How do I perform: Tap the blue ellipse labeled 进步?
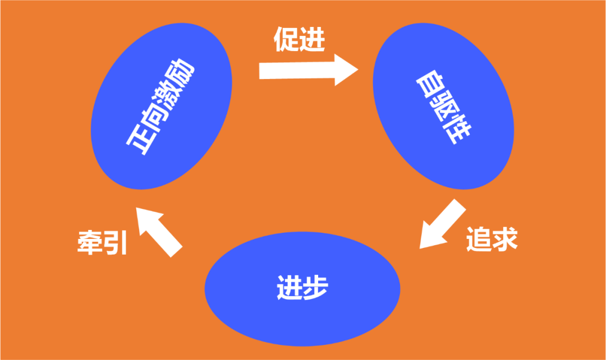point(302,288)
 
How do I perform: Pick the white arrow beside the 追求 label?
point(443,224)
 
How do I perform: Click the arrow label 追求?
point(491,239)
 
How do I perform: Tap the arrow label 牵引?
point(102,243)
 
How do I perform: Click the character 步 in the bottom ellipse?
point(315,288)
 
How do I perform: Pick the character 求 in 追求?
point(504,239)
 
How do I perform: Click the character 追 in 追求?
point(478,239)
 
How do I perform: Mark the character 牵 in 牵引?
point(90,243)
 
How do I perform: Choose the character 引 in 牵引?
point(116,243)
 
